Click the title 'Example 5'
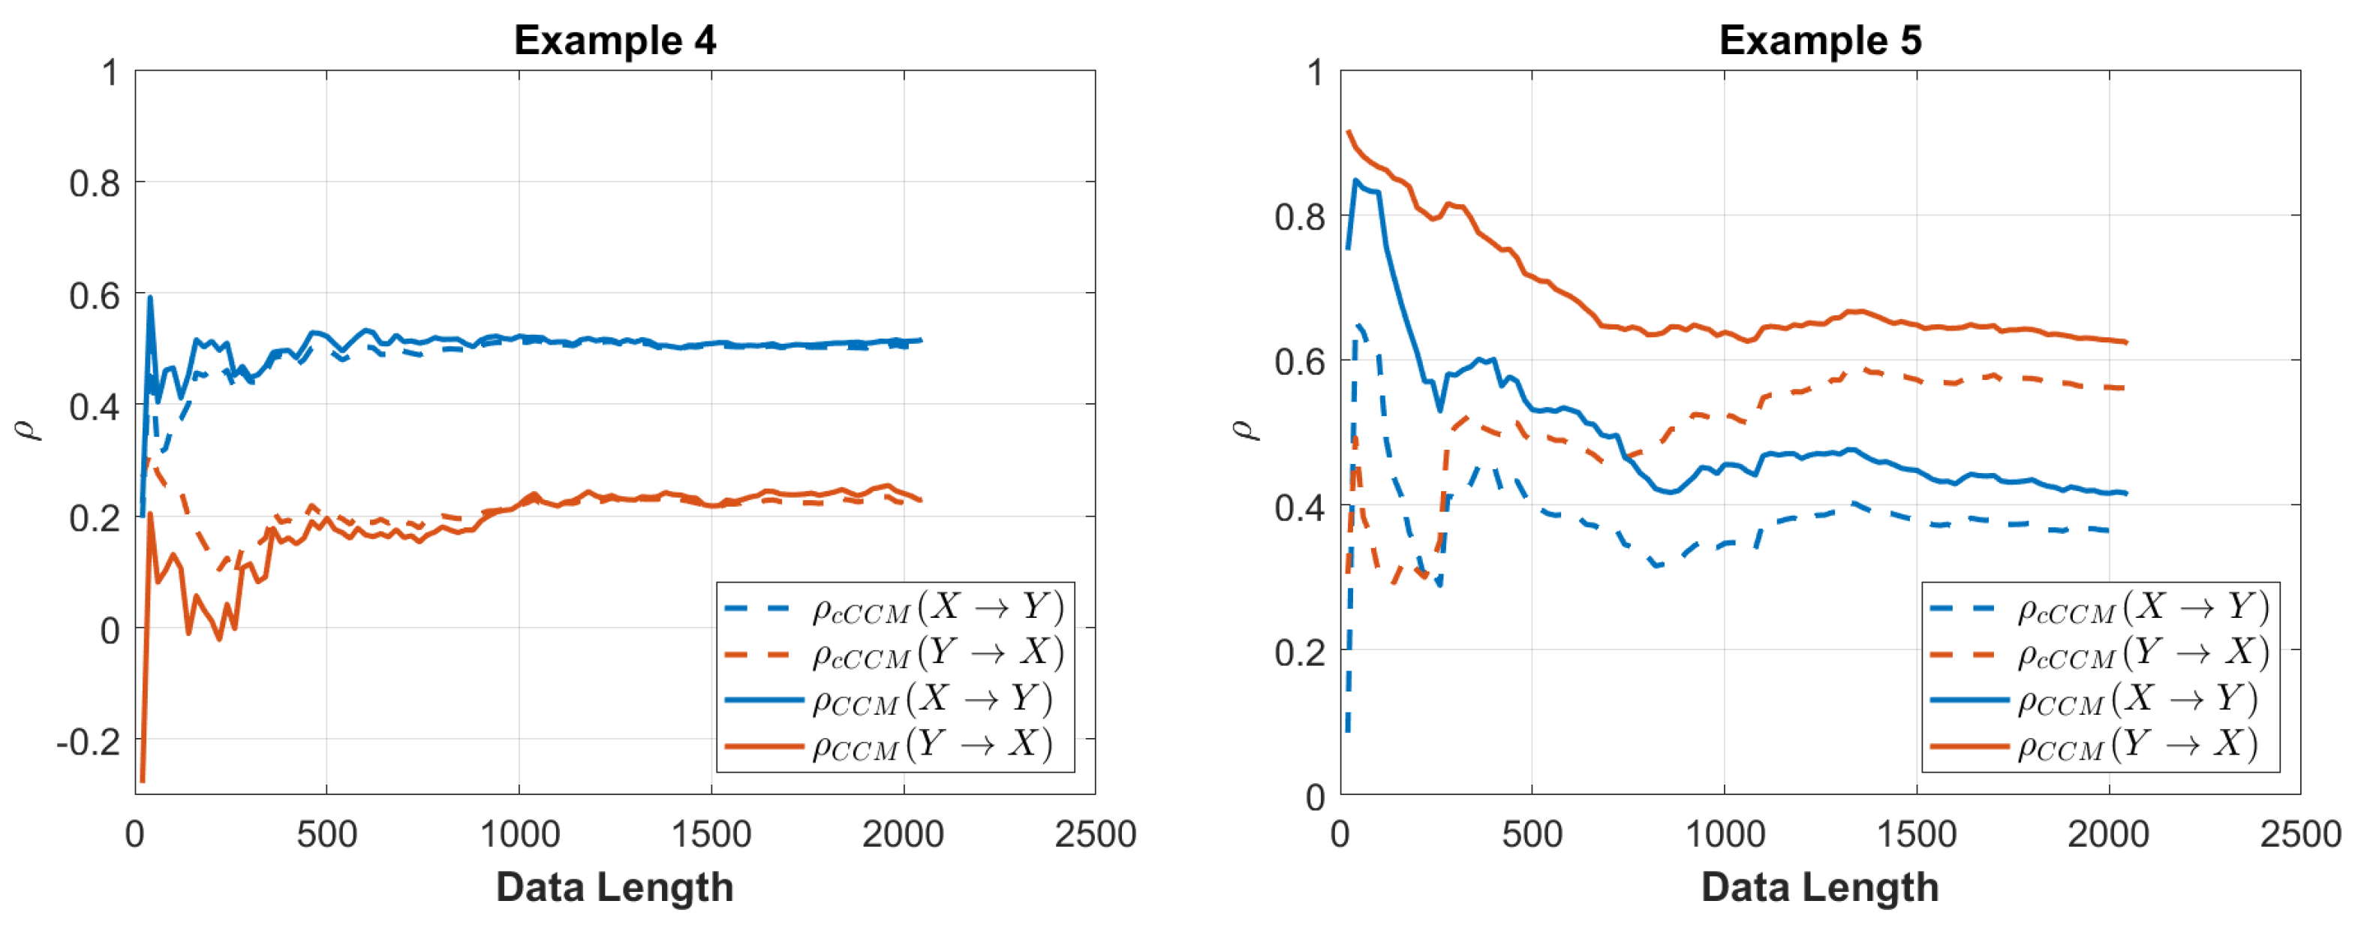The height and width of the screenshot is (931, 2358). (x=1820, y=41)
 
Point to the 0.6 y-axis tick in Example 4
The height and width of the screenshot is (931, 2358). (x=95, y=296)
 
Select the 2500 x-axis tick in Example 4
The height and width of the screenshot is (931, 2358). (x=1095, y=835)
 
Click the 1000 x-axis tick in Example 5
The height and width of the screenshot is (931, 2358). (x=1725, y=835)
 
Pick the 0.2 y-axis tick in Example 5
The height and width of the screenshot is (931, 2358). (x=1299, y=652)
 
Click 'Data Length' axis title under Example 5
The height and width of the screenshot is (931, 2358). (x=1820, y=887)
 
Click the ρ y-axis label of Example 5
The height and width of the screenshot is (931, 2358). (x=1245, y=430)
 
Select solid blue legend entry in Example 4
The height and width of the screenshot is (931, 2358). (x=932, y=701)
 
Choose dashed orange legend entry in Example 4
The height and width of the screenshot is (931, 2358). (x=937, y=654)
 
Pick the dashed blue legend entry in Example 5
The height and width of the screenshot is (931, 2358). (x=2143, y=608)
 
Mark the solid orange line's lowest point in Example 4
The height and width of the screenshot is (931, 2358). (x=142, y=780)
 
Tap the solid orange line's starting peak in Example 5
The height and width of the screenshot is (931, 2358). (x=1349, y=132)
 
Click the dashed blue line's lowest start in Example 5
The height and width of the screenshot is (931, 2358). (x=1347, y=731)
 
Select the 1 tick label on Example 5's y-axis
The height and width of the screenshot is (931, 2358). (x=1316, y=72)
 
